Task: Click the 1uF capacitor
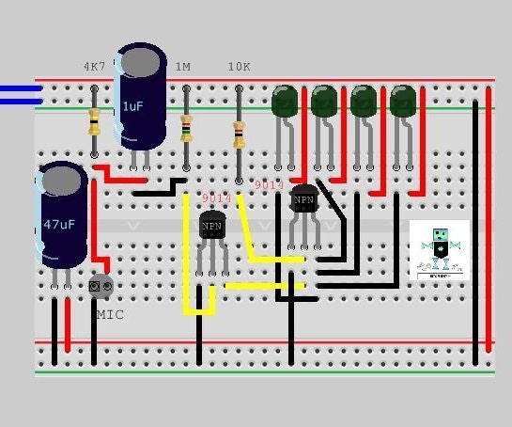pos(141,98)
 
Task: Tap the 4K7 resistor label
pos(94,67)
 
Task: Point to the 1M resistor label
pos(182,67)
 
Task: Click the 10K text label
pos(239,67)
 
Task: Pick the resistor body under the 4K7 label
pos(94,120)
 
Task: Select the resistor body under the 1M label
pos(186,126)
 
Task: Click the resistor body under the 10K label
pos(239,135)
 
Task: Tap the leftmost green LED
pos(285,102)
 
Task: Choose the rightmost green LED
pos(403,102)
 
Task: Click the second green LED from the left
pos(324,102)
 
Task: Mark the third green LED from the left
pos(364,102)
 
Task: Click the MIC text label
pos(109,314)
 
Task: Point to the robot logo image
pos(440,250)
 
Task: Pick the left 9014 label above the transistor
pos(216,198)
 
